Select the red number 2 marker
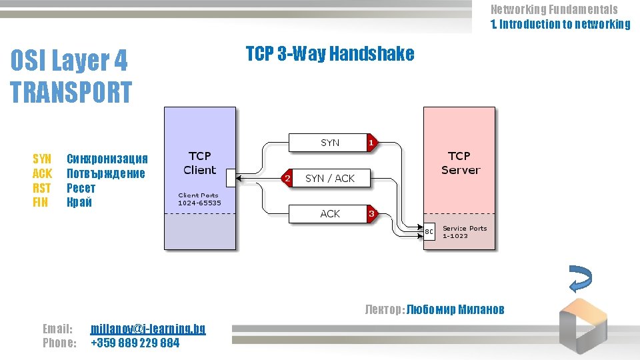287,178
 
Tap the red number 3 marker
371,214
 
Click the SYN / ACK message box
330,178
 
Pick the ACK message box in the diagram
329,214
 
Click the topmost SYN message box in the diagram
329,142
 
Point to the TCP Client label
200,163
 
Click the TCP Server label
459,163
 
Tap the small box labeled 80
429,232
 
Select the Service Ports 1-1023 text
465,232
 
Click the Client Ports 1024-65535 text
200,199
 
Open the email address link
147,329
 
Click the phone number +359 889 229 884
135,343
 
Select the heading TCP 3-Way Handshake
329,54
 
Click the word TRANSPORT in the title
71,92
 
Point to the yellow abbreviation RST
41,188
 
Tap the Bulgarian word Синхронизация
107,159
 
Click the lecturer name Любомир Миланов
455,309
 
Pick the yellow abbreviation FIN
41,203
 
